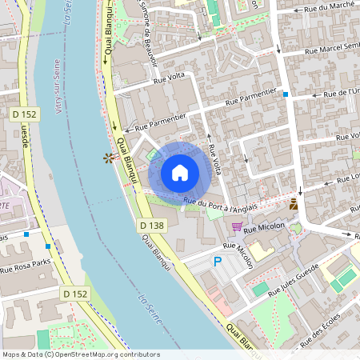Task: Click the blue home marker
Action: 179,172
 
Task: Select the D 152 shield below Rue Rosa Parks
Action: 74,294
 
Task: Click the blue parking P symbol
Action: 216,262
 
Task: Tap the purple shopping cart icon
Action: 236,226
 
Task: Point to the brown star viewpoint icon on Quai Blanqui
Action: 107,158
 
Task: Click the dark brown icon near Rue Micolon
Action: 294,205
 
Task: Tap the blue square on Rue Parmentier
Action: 286,94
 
